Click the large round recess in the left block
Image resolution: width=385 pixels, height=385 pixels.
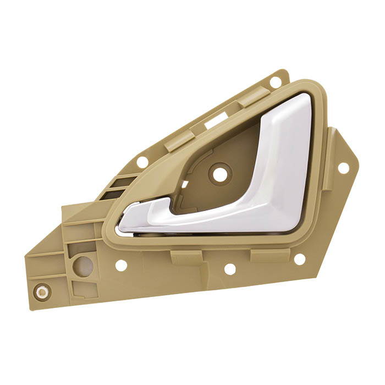[x=83, y=266]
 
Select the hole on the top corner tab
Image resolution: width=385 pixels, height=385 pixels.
[x=276, y=82]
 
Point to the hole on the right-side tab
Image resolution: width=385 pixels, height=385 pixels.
[x=343, y=167]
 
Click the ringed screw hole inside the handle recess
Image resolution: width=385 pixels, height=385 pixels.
[x=219, y=175]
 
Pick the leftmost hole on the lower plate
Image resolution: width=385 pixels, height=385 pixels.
[x=121, y=265]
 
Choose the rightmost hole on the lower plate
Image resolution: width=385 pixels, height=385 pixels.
[x=300, y=258]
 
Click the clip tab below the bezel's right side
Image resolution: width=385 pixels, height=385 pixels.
[x=269, y=255]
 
